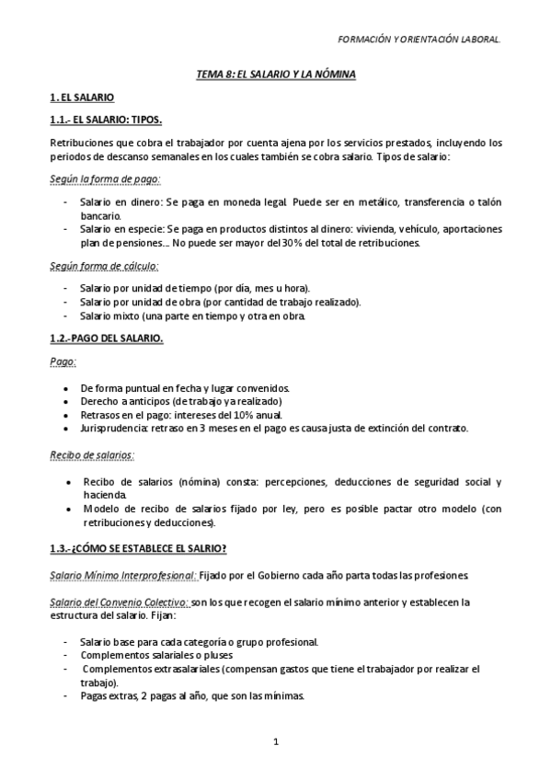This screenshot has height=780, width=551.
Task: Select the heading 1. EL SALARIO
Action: coord(82,97)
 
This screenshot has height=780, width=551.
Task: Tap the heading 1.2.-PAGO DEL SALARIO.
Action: coord(106,338)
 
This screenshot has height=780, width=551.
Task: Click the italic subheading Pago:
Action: coord(63,361)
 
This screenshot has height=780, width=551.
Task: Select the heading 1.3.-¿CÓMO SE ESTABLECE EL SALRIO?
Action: coord(139,549)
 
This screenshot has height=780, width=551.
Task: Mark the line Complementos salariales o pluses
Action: coord(156,655)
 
